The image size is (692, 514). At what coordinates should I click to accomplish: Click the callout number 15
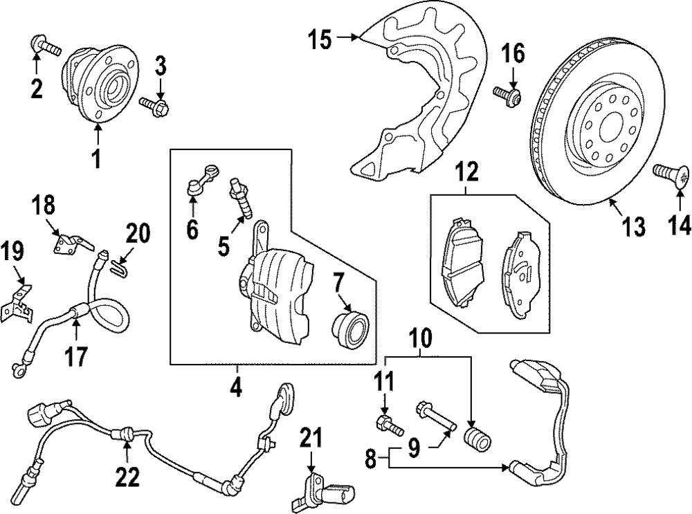(320, 40)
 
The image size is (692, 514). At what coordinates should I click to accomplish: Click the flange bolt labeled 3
(157, 106)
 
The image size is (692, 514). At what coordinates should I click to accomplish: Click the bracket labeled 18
(70, 244)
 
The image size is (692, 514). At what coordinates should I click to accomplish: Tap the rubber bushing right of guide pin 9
(477, 439)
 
